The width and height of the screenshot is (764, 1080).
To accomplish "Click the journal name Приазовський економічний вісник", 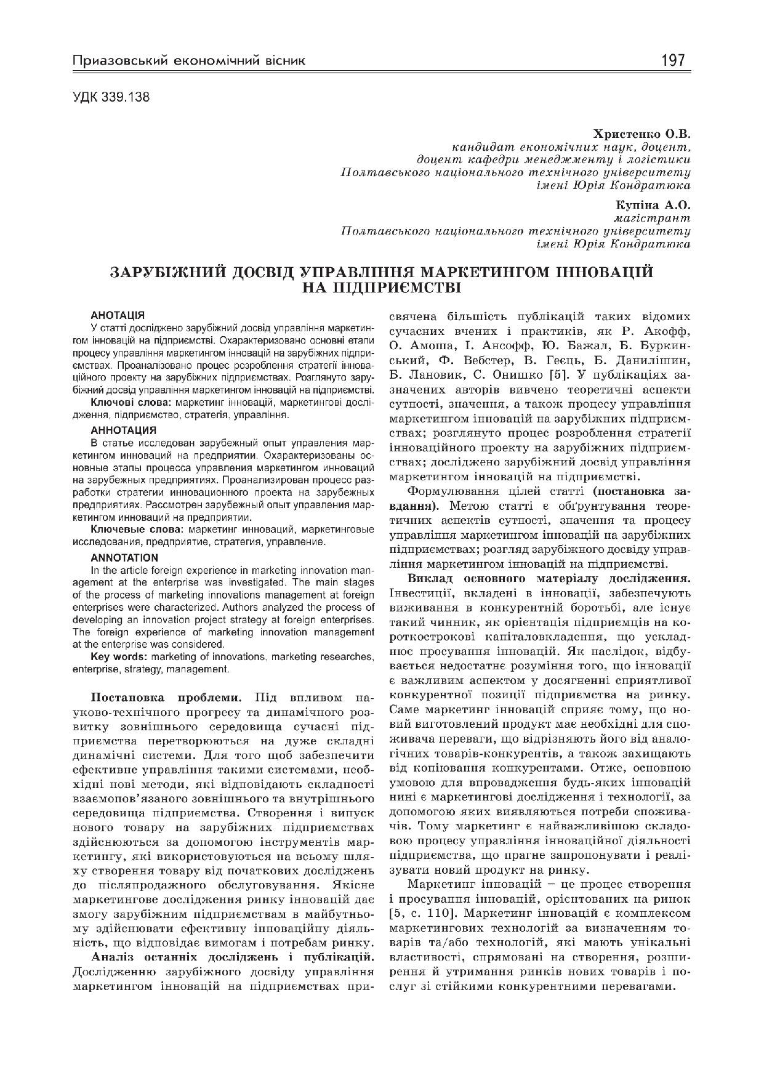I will [x=188, y=61].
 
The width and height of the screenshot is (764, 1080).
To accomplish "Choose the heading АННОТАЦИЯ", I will [x=123, y=429].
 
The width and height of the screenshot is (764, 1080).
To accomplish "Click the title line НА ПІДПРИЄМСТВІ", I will [x=382, y=288].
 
